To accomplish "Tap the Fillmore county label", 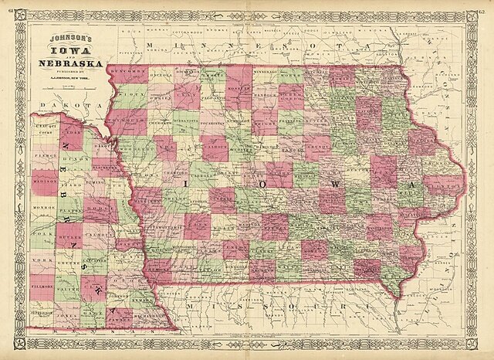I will click(45, 287).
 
